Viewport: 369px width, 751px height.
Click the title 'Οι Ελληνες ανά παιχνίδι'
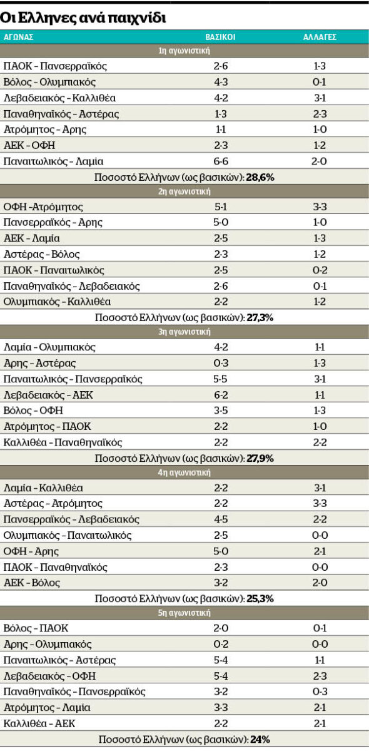pyautogui.click(x=83, y=18)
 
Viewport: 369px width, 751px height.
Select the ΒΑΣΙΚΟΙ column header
pyautogui.click(x=220, y=37)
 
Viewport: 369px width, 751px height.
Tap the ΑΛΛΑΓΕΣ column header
pyautogui.click(x=320, y=37)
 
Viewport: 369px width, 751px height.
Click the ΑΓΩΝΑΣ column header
pyautogui.click(x=18, y=37)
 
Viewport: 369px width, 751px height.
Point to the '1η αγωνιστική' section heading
pyautogui.click(x=184, y=51)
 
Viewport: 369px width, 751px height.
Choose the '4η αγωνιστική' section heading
pyautogui.click(x=184, y=473)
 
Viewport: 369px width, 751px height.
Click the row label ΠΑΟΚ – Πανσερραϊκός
pyautogui.click(x=55, y=66)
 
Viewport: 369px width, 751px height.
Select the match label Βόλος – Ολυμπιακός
pyautogui.click(x=49, y=82)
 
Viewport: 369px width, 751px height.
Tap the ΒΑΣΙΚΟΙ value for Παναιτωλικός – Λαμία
pyautogui.click(x=221, y=161)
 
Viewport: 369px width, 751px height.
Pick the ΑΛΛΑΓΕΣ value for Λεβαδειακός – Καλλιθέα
pyautogui.click(x=320, y=98)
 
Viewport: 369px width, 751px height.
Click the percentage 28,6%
pyautogui.click(x=260, y=177)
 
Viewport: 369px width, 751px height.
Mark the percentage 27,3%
pyautogui.click(x=260, y=317)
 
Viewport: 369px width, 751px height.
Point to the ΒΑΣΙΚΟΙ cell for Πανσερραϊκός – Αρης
pyautogui.click(x=221, y=222)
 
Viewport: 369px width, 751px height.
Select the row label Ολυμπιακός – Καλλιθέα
pyautogui.click(x=57, y=302)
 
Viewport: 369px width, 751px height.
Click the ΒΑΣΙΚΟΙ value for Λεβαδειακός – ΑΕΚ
pyautogui.click(x=221, y=395)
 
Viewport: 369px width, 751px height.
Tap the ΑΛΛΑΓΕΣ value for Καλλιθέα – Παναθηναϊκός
pyautogui.click(x=320, y=442)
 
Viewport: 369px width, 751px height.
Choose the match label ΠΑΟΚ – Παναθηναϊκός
pyautogui.click(x=55, y=567)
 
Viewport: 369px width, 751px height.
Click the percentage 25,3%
pyautogui.click(x=260, y=598)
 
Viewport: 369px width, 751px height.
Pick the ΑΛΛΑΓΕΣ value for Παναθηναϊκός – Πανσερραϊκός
pyautogui.click(x=320, y=692)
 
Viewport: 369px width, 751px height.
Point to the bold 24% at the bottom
pyautogui.click(x=260, y=739)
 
